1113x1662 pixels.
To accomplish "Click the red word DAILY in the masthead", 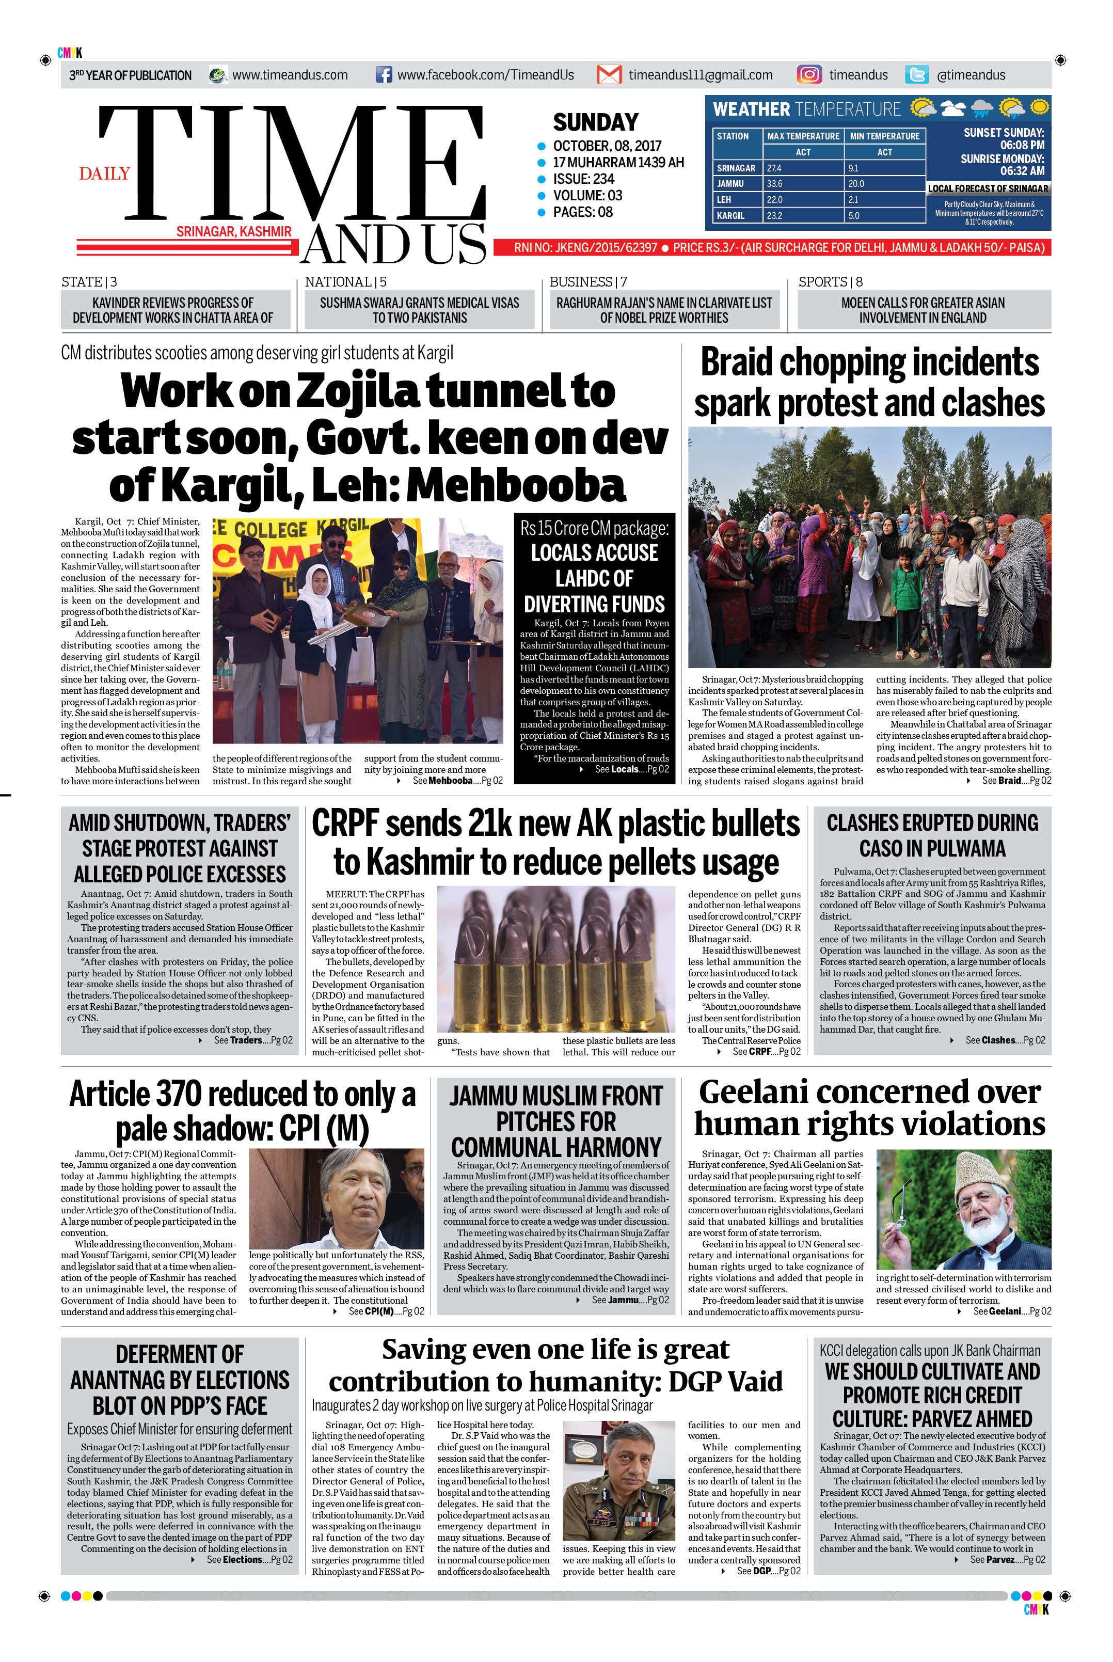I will coord(104,174).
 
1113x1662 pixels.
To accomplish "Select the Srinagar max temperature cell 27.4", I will coord(774,168).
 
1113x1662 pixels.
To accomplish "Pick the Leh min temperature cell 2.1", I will coord(853,199).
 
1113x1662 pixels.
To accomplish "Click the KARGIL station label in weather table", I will coord(730,215).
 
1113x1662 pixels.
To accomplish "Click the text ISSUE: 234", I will coord(583,179).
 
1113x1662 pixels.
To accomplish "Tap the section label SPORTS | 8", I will coord(830,282).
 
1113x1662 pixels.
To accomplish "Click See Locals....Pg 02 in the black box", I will coord(630,770).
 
